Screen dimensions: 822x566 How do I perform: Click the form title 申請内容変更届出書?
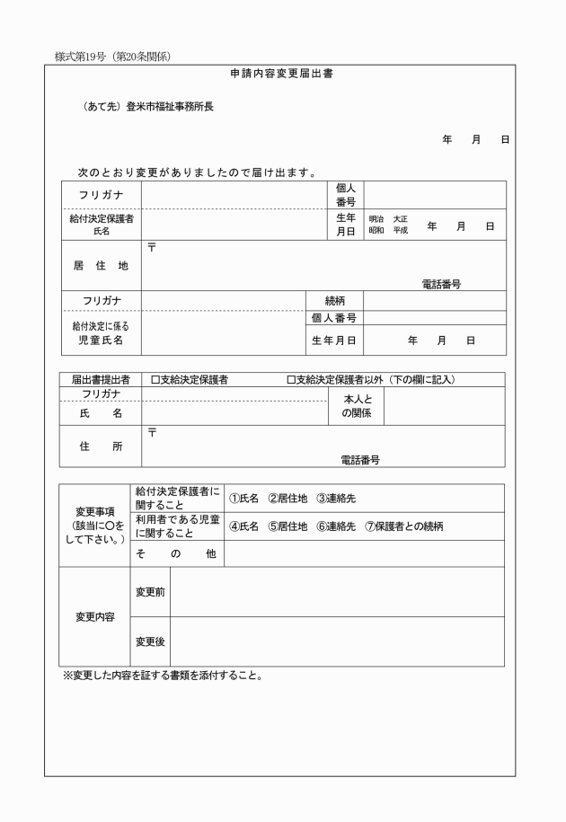tap(281, 74)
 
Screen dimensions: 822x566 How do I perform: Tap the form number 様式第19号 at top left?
tap(112, 57)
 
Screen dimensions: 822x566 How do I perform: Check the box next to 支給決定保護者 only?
tap(155, 380)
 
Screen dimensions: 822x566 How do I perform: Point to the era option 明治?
tap(376, 219)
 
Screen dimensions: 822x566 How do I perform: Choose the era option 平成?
tap(400, 231)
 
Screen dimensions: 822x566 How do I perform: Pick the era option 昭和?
tap(376, 231)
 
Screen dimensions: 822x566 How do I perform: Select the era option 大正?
tap(400, 219)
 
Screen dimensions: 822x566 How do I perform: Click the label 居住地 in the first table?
tap(101, 266)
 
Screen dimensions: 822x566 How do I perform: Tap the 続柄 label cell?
tap(334, 301)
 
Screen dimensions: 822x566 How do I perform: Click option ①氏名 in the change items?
tap(244, 499)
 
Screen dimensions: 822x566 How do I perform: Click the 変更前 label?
tap(149, 592)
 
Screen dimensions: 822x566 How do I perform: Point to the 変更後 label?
tap(149, 641)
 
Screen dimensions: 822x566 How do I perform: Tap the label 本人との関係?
tap(356, 405)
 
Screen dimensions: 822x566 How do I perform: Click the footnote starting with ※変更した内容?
tap(162, 676)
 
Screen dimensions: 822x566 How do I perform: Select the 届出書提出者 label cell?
tap(101, 380)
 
